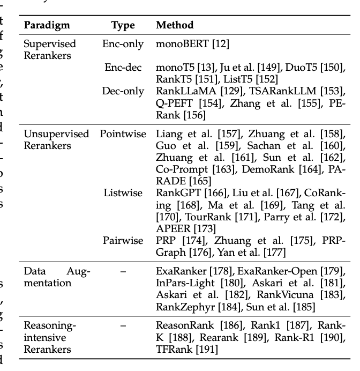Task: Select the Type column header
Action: (x=123, y=25)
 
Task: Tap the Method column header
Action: (x=175, y=25)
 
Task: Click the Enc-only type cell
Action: (x=123, y=43)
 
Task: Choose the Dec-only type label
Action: (x=123, y=91)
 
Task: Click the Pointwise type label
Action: (x=123, y=134)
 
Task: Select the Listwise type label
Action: (x=124, y=192)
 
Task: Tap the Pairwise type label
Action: (x=124, y=240)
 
